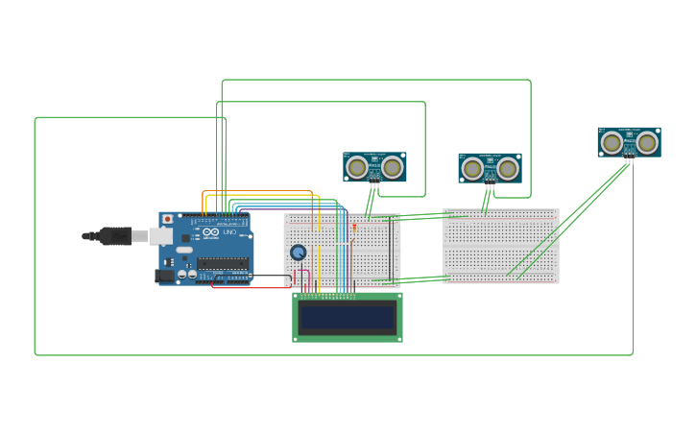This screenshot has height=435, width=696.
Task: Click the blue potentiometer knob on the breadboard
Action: coord(299,253)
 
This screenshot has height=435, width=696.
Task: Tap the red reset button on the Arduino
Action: coord(167,219)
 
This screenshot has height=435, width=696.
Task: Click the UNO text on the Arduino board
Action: coord(229,232)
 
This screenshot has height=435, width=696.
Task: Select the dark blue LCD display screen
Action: coord(347,317)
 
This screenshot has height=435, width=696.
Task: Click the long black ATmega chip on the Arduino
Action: coord(223,263)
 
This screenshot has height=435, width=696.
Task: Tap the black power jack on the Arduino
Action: coord(164,276)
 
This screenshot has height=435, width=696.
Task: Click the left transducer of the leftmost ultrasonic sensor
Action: coord(357,167)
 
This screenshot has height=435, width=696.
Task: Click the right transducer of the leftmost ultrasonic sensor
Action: coord(392,167)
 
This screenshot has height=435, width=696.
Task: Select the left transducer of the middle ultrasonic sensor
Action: coord(472,169)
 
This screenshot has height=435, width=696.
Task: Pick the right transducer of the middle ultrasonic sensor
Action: coord(507,169)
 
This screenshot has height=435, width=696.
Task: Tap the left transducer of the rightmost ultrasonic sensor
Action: coord(612,142)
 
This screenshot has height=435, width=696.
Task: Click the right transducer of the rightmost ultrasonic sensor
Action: coord(647,142)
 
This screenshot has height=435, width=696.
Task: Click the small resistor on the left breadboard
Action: coord(354,228)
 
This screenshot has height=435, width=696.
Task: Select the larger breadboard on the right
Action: coord(500,246)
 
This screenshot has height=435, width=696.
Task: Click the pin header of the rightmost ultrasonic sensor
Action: coord(630,159)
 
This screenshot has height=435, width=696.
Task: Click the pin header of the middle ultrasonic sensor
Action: coord(490,185)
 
